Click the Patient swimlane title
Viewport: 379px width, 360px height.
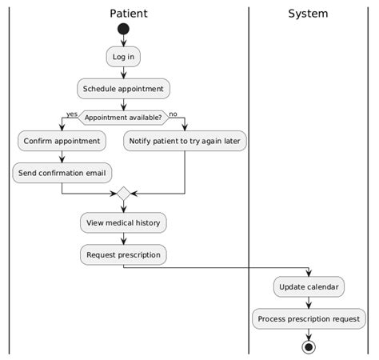pyautogui.click(x=128, y=14)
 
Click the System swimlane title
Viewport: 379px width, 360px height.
pyautogui.click(x=308, y=14)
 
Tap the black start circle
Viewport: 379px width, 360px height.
pyautogui.click(x=123, y=30)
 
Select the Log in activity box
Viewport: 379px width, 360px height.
pyautogui.click(x=123, y=57)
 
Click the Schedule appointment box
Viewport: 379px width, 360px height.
pyautogui.click(x=123, y=88)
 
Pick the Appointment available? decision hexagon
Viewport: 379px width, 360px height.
pyautogui.click(x=123, y=118)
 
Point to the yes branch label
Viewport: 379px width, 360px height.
pyautogui.click(x=72, y=114)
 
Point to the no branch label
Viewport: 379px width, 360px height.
pyautogui.click(x=174, y=114)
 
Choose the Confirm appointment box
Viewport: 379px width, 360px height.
pyautogui.click(x=62, y=142)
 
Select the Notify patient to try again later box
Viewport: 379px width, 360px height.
pyautogui.click(x=185, y=142)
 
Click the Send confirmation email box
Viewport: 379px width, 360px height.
pyautogui.click(x=62, y=172)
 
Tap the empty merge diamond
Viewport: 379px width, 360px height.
pyautogui.click(x=123, y=194)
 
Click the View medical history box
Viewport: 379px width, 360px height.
pyautogui.click(x=123, y=222)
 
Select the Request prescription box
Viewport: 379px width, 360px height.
pyautogui.click(x=123, y=255)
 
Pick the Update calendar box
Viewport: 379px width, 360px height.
pyautogui.click(x=309, y=286)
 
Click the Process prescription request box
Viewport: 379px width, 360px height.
pyautogui.click(x=309, y=318)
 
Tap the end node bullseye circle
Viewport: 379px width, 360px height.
pyautogui.click(x=309, y=346)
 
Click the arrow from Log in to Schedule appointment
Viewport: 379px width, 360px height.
pyautogui.click(x=123, y=72)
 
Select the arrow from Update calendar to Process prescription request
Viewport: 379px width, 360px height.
pyautogui.click(x=309, y=302)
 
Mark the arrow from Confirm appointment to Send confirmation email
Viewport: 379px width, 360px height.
pyautogui.click(x=62, y=157)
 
